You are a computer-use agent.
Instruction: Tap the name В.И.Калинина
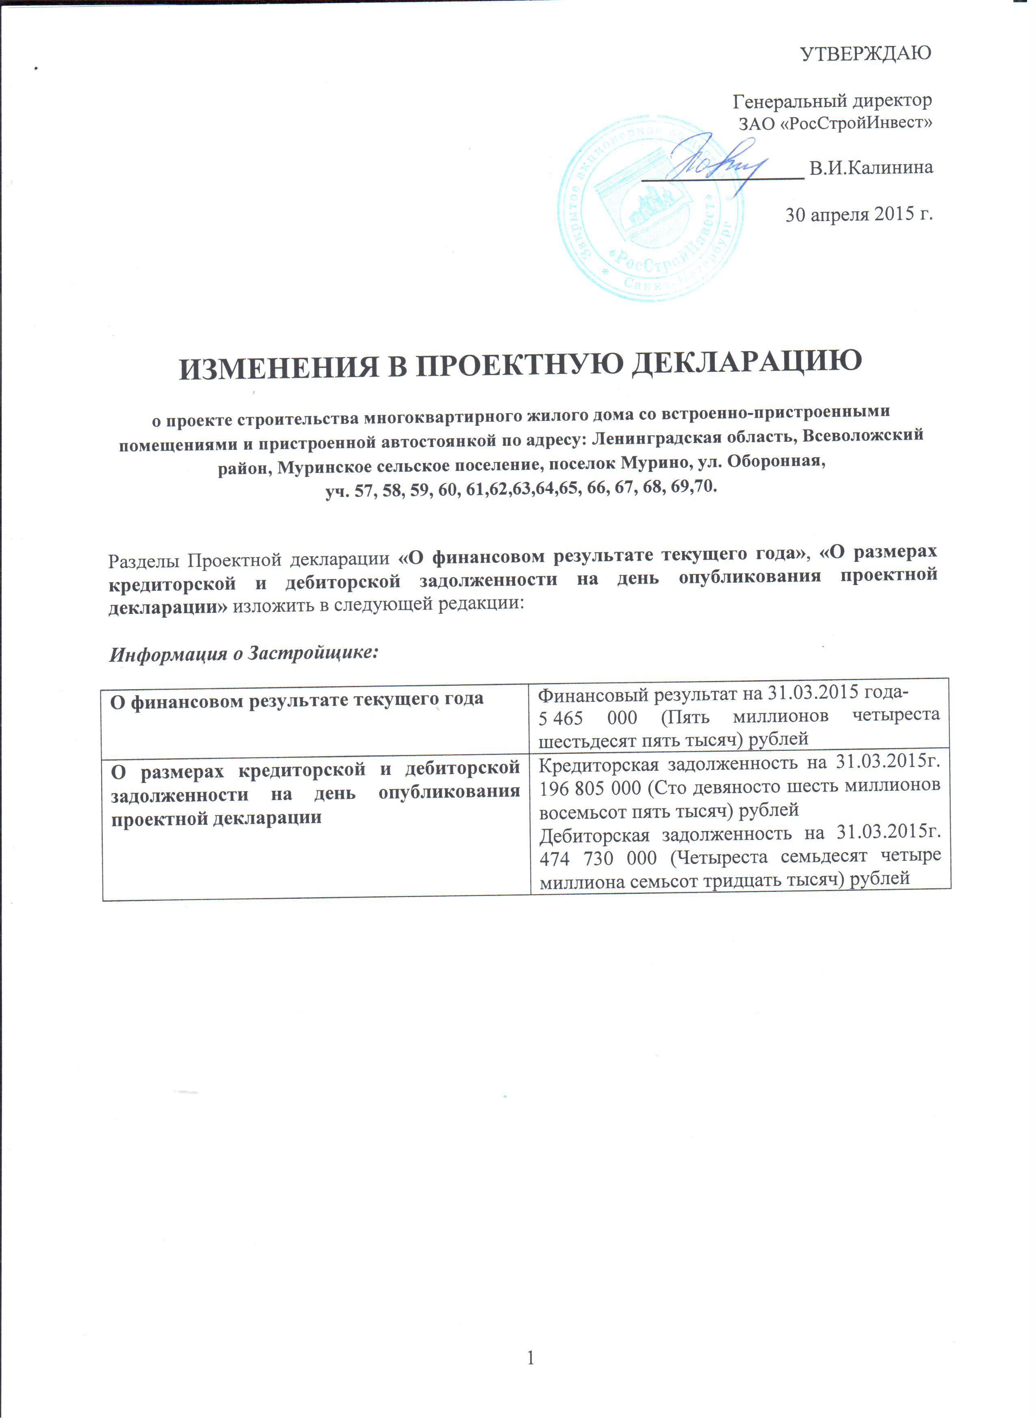pyautogui.click(x=871, y=168)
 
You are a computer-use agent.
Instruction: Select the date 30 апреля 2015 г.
pyautogui.click(x=858, y=214)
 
